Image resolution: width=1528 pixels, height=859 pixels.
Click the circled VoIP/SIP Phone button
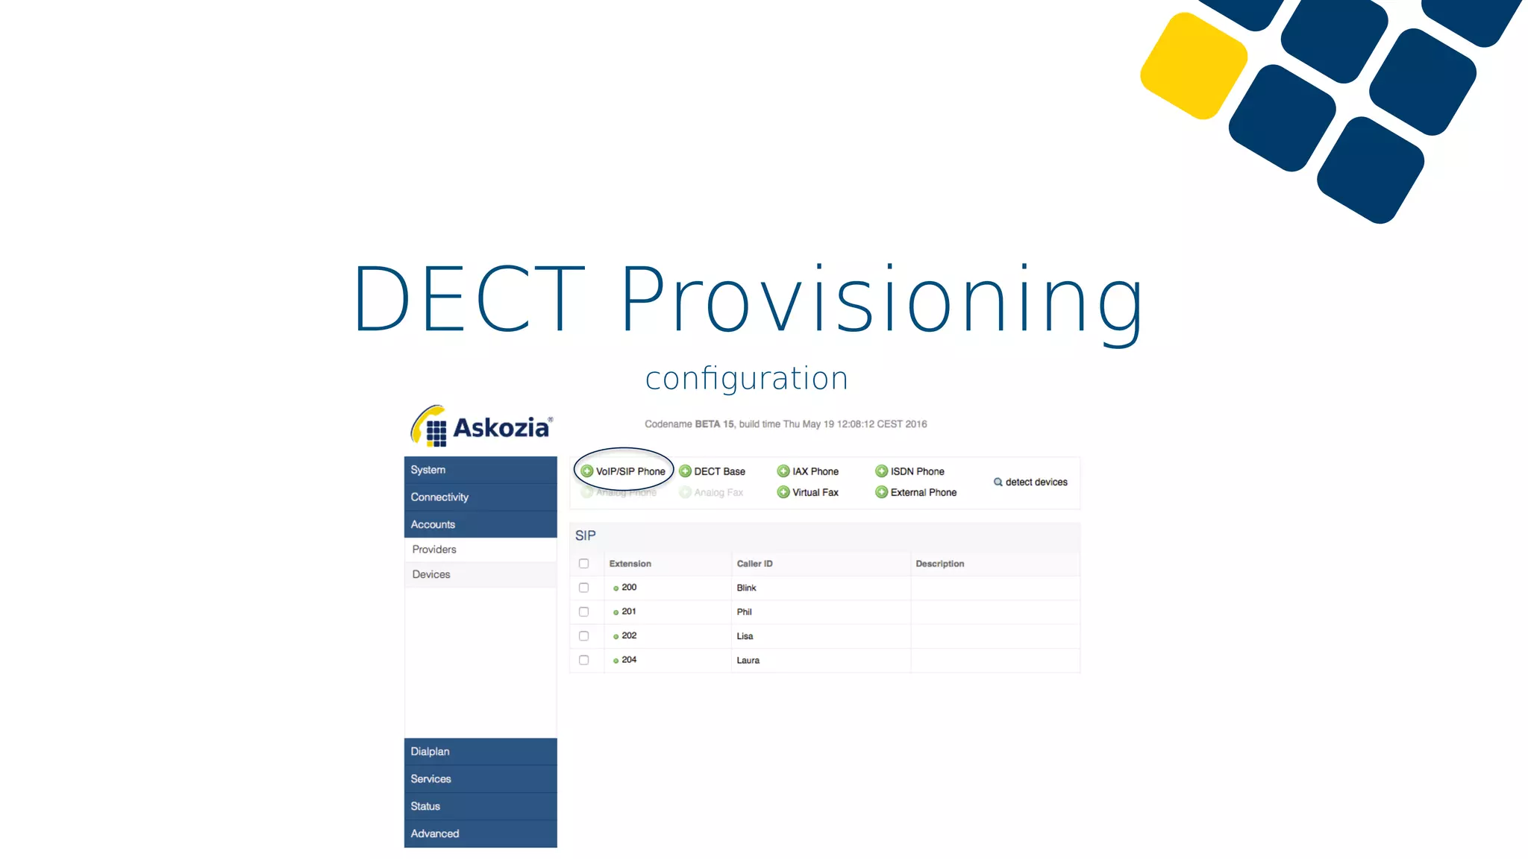624,471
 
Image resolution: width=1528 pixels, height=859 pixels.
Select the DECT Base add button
713,471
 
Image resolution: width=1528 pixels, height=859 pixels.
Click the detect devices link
1031,482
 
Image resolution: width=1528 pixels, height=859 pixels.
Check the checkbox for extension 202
584,636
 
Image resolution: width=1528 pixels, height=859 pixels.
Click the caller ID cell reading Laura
748,661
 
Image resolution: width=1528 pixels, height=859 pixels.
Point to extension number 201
629,611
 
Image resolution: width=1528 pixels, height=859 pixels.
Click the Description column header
940,564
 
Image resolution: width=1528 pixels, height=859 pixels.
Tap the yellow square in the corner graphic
1194,66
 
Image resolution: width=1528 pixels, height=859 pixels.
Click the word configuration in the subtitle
747,379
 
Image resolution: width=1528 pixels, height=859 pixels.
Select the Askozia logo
482,427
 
